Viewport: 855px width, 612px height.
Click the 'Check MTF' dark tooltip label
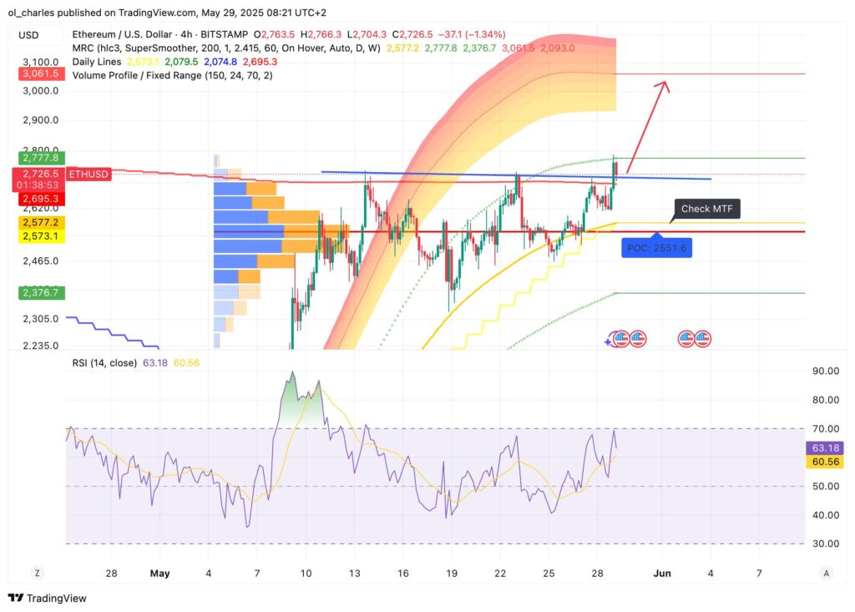(707, 209)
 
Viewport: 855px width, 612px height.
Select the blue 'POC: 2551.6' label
(656, 248)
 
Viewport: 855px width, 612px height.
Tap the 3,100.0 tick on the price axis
(39, 63)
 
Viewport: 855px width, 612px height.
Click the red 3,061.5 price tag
(39, 74)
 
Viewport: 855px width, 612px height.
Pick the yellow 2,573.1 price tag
(39, 236)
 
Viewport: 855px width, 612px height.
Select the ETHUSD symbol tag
(88, 174)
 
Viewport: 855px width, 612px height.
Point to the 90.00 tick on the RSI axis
(825, 371)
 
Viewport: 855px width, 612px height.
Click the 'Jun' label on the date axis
(662, 574)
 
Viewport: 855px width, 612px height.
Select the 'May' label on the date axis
(159, 574)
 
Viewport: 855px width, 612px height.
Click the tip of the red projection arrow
(666, 82)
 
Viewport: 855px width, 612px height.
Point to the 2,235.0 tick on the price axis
(39, 346)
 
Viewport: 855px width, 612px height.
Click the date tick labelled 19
(451, 574)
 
